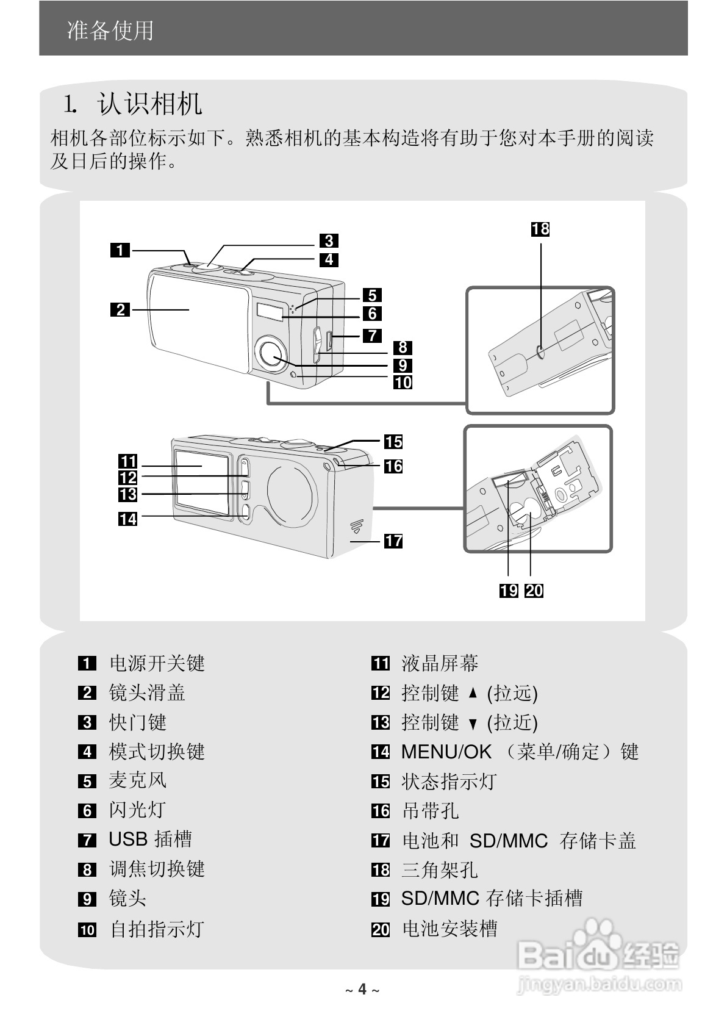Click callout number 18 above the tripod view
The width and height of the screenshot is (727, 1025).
[540, 229]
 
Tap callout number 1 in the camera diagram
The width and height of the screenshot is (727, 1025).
[120, 250]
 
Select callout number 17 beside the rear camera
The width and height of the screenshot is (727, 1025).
[393, 541]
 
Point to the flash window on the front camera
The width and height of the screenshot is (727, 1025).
[270, 311]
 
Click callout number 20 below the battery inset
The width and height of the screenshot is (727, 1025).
[534, 591]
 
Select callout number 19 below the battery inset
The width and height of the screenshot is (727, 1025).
[509, 591]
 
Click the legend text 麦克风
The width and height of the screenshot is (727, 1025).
[137, 780]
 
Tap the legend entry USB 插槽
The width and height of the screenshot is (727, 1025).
[150, 839]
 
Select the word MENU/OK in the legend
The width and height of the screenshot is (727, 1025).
[446, 752]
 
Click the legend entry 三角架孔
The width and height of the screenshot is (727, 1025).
[439, 869]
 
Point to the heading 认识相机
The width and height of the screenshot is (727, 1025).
[149, 104]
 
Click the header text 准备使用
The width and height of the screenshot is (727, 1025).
[110, 31]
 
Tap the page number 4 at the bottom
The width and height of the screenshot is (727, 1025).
[362, 989]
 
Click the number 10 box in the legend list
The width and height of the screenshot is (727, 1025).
[87, 930]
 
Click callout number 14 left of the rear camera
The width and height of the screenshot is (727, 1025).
[128, 519]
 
